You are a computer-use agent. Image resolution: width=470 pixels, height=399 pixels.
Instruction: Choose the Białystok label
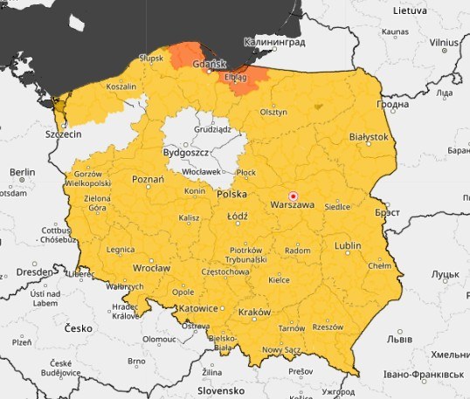(x=368, y=137)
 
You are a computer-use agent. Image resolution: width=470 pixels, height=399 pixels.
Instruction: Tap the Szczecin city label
(x=63, y=134)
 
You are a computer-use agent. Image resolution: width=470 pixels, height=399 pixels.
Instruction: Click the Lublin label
(x=347, y=247)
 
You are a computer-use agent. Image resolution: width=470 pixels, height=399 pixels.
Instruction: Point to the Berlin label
(x=22, y=173)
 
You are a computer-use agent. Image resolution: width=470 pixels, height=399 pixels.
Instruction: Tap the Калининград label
(x=276, y=41)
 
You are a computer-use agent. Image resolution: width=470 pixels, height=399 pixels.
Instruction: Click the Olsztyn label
(x=273, y=112)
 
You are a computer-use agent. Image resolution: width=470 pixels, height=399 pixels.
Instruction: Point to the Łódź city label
(x=237, y=216)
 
